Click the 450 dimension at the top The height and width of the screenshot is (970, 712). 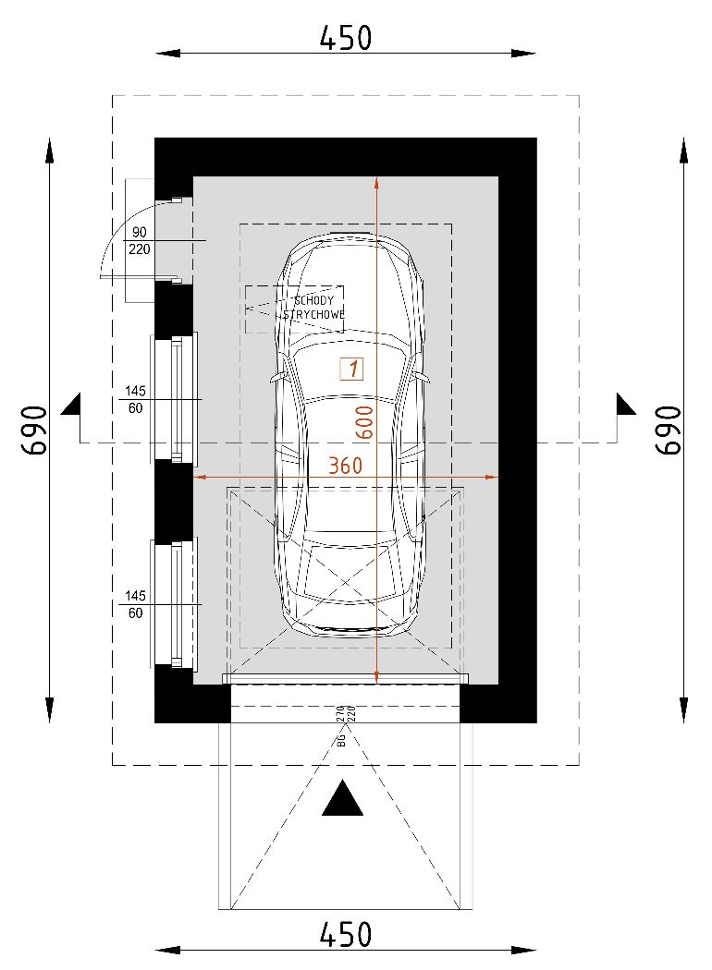345,38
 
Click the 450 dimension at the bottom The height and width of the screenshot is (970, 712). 345,934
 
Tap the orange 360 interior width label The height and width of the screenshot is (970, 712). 346,466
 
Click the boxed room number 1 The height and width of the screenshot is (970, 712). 351,369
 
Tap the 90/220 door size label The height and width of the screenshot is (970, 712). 140,240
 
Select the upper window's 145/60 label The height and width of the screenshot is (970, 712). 136,399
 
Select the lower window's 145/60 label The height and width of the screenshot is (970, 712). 136,604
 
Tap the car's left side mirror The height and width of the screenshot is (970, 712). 275,378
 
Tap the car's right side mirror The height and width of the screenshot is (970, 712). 424,377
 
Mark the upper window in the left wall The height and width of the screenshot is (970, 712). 174,397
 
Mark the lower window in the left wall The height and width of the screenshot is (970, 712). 174,602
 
